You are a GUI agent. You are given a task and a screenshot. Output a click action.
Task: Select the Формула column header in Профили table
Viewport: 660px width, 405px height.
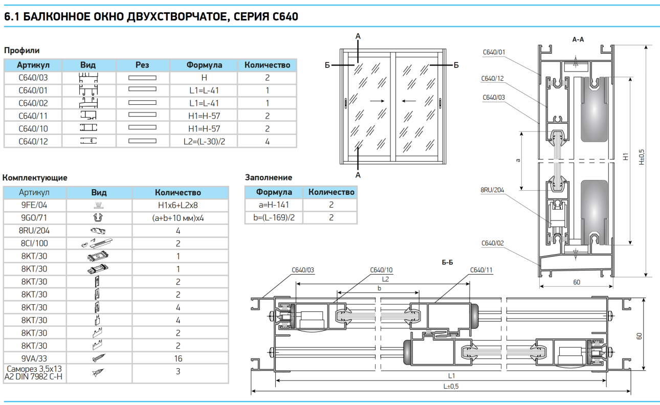click(x=204, y=65)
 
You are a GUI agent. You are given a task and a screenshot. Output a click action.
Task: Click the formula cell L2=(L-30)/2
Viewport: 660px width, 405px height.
click(x=204, y=141)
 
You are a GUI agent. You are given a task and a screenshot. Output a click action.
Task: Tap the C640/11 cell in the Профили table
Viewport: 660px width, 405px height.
click(x=33, y=116)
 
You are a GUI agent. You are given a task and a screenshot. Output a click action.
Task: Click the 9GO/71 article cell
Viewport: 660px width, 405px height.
click(x=35, y=218)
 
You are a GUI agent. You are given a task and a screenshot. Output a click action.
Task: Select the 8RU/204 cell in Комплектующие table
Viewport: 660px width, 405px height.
click(x=35, y=231)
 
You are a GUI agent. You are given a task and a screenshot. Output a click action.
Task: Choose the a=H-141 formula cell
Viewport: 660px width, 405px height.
click(x=274, y=205)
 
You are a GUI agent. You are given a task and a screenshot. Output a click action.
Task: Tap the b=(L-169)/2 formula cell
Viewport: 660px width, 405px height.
click(x=274, y=217)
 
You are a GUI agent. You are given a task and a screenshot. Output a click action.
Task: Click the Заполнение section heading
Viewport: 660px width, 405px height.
click(x=269, y=177)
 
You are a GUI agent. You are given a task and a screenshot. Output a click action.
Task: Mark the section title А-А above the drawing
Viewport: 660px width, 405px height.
click(x=578, y=39)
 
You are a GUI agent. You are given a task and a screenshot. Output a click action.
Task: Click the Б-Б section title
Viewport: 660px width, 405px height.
click(x=447, y=262)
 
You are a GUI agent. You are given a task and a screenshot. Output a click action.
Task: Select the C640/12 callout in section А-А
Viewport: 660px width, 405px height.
click(x=492, y=79)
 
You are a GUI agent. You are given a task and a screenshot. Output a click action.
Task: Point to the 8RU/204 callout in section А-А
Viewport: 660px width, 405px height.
click(x=492, y=190)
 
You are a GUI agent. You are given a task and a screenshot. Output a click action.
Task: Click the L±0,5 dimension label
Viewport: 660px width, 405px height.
click(x=451, y=387)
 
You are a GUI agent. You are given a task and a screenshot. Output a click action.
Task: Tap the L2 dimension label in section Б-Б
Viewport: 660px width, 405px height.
click(x=385, y=279)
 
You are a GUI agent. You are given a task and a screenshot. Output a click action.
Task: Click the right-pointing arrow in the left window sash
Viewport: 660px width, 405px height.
click(x=377, y=101)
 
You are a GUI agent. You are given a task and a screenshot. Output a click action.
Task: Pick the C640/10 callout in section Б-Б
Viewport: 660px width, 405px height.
click(x=381, y=270)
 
